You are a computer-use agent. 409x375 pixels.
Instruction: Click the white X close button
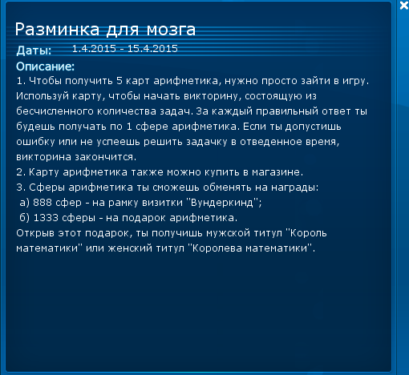(403, 5)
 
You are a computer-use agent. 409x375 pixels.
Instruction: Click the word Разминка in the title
(57, 30)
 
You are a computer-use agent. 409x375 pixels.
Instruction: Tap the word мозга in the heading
(171, 30)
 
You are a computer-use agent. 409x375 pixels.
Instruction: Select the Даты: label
(34, 50)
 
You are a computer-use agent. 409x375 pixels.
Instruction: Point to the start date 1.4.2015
(94, 49)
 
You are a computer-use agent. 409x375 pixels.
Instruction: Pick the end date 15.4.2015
(152, 49)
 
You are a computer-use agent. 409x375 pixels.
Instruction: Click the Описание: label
(45, 67)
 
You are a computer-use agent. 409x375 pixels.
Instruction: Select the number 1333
(46, 218)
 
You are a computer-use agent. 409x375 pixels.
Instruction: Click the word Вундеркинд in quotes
(222, 203)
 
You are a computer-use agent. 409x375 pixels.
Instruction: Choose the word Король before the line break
(308, 233)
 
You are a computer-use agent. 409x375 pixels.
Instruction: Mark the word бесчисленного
(55, 111)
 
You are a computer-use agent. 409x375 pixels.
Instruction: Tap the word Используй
(43, 96)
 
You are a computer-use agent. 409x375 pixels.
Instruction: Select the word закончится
(105, 157)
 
